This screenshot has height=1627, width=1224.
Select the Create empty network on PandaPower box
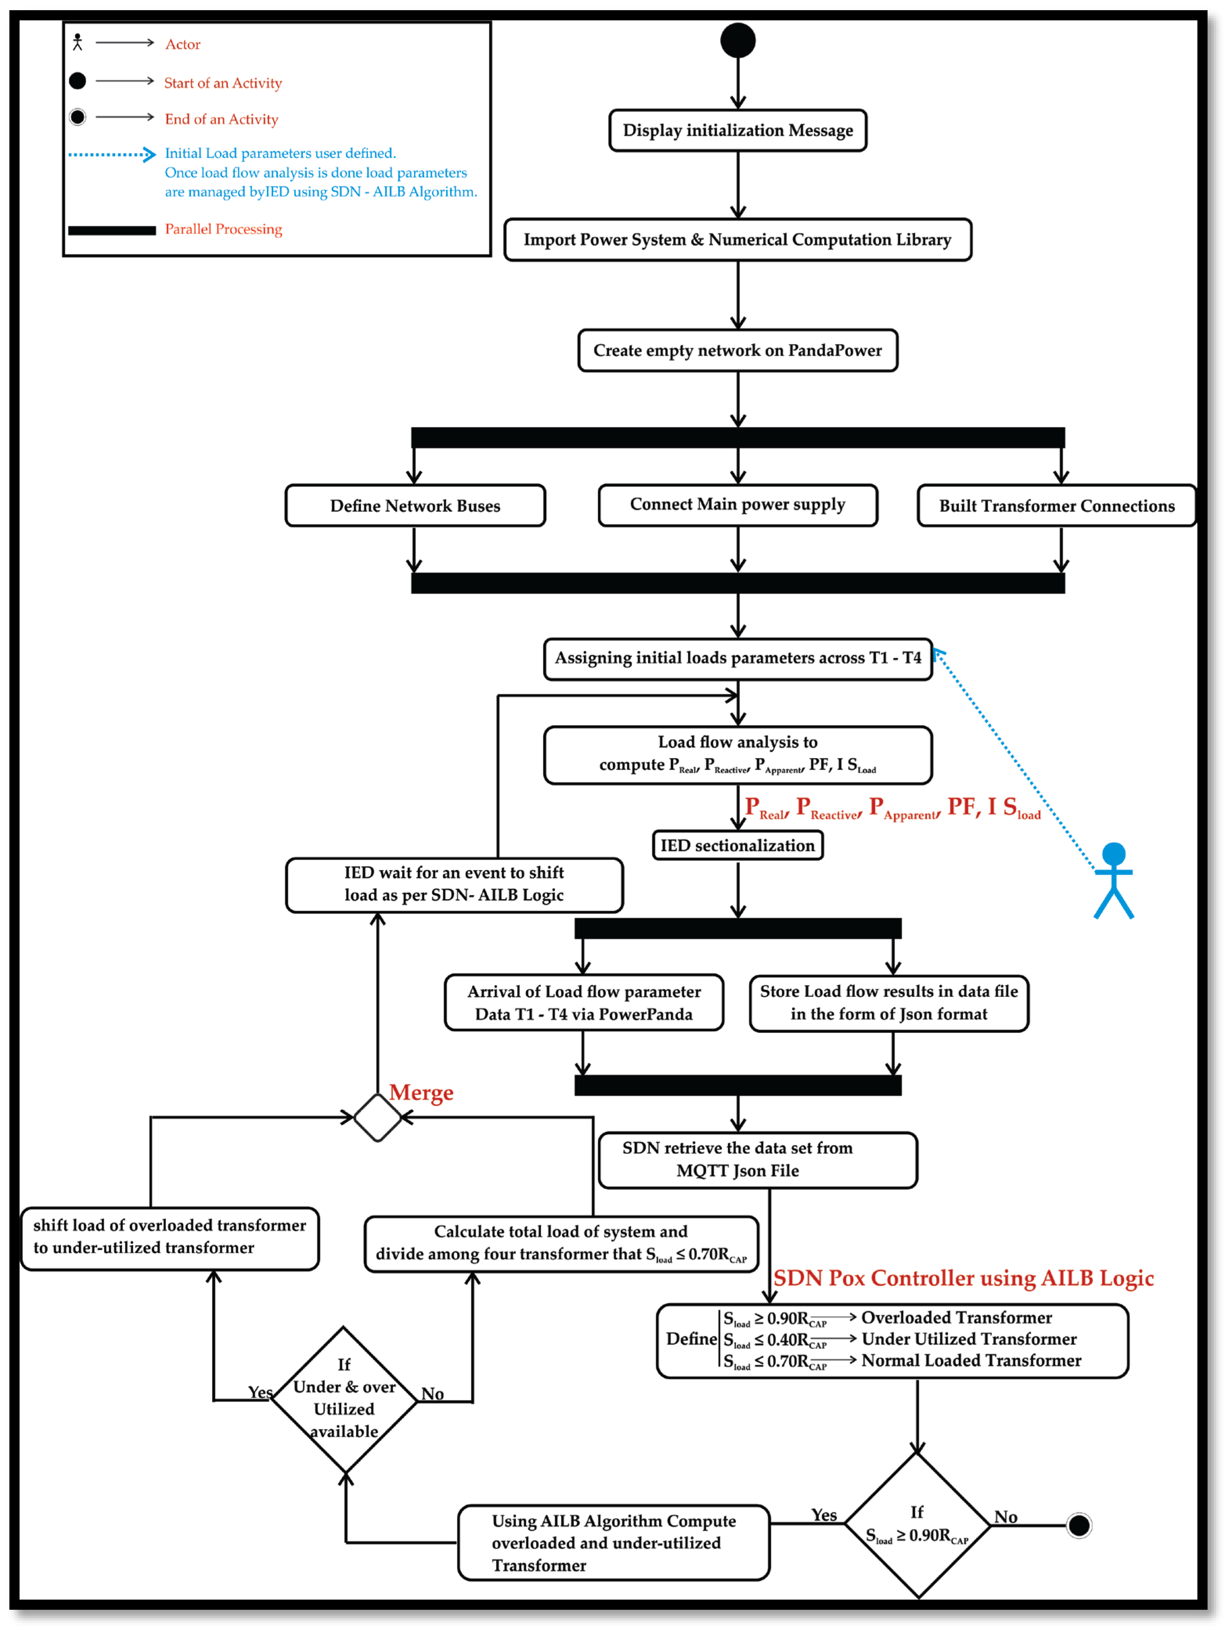[737, 350]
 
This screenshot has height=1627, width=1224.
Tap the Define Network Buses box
[415, 505]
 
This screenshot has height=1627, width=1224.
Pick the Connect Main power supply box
[737, 504]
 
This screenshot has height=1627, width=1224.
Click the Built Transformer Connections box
[1056, 505]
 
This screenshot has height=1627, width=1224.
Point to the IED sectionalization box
[737, 845]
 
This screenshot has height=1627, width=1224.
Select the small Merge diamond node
[377, 1117]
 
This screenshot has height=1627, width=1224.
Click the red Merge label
[421, 1092]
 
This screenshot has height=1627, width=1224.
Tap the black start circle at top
[738, 40]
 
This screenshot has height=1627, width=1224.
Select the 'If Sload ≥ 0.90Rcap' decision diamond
[917, 1526]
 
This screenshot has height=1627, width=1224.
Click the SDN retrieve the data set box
[758, 1159]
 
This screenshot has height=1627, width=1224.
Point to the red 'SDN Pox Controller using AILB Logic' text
[963, 1277]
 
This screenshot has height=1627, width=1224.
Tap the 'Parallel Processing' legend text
[223, 229]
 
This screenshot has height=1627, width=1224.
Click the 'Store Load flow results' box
[889, 1002]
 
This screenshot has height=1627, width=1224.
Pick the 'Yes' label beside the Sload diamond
[824, 1515]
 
